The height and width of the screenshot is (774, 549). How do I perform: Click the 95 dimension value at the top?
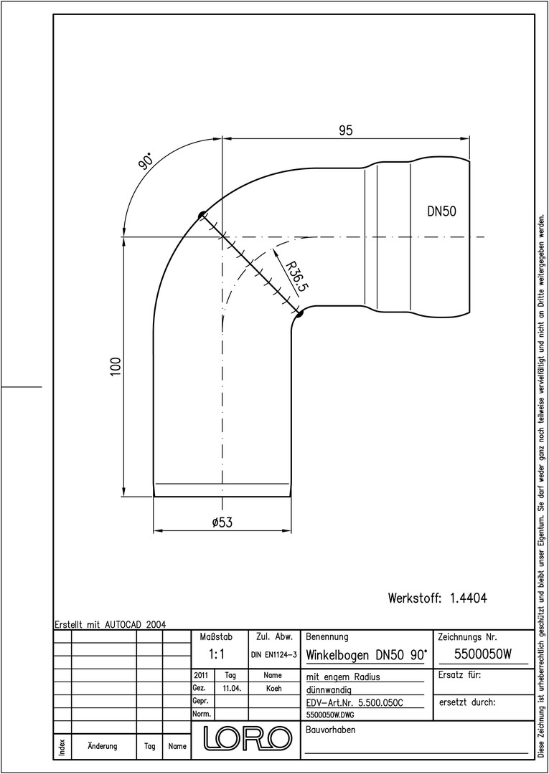345,130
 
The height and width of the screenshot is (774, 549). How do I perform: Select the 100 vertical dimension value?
116,367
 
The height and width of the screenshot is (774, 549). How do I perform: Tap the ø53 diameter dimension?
222,522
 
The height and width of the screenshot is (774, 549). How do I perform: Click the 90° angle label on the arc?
145,161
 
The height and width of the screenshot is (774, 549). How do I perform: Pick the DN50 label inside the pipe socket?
442,211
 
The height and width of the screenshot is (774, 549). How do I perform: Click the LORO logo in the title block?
247,737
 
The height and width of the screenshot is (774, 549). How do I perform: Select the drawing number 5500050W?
482,654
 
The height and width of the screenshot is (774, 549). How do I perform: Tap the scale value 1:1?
217,654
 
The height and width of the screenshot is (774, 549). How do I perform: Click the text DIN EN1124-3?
273,655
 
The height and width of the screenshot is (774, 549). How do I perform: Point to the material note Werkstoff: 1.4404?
437,598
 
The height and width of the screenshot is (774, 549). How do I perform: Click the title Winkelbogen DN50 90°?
366,656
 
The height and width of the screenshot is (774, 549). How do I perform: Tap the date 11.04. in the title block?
232,689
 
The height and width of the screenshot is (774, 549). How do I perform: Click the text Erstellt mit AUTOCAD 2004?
111,624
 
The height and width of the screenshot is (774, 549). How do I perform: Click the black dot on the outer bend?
202,215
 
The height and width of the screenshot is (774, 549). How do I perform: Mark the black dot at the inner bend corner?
299,312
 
